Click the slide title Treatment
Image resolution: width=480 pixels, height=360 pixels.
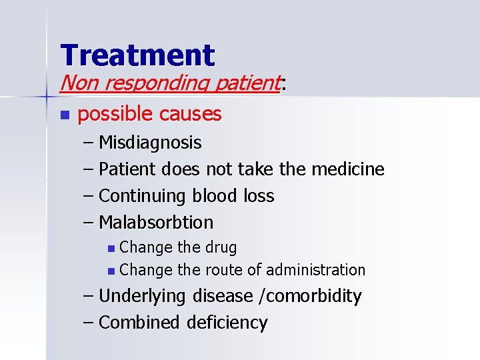pyautogui.click(x=137, y=55)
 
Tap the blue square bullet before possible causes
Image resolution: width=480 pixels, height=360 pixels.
pyautogui.click(x=64, y=115)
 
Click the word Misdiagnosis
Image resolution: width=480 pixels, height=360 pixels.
pyautogui.click(x=150, y=143)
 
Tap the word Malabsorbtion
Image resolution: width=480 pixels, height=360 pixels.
pyautogui.click(x=156, y=222)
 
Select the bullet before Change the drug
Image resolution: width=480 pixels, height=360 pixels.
pyautogui.click(x=111, y=249)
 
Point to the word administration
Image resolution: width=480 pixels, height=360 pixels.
pyautogui.click(x=315, y=270)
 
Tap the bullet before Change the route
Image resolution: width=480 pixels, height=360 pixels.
pyautogui.click(x=111, y=271)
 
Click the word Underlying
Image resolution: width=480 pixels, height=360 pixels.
pyautogui.click(x=143, y=296)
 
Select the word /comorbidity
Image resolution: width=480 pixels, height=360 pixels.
pyautogui.click(x=309, y=296)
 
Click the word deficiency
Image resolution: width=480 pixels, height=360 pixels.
pyautogui.click(x=227, y=323)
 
